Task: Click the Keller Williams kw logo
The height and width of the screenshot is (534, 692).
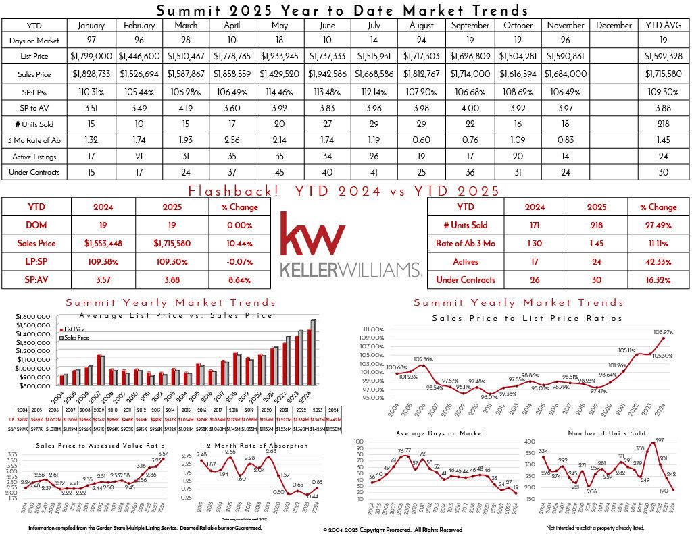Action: pos(313,233)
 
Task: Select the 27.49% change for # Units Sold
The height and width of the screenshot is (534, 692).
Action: pos(662,225)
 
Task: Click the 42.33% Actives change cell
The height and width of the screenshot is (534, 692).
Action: pos(662,261)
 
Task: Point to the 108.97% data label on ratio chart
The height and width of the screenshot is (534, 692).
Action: pos(664,332)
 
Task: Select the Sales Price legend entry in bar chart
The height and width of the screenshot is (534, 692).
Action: pos(78,337)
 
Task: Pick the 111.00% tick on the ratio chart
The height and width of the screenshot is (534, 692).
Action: pos(373,329)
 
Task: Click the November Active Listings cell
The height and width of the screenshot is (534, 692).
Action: pos(566,155)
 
